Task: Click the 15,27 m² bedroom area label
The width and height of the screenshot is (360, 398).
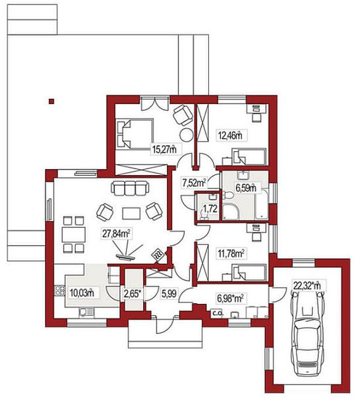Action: [x=164, y=149]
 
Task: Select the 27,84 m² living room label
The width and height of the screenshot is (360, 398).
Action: [x=117, y=233]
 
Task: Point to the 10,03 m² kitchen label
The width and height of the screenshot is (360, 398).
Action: [x=82, y=293]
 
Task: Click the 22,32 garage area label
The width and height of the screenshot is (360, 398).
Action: [x=307, y=285]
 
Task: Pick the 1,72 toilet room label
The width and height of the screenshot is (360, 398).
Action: [x=210, y=209]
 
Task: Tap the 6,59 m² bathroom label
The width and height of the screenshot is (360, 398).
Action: [x=245, y=188]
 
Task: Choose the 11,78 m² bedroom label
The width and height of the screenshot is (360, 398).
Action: [x=231, y=253]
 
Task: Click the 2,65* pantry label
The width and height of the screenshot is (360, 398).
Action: [x=133, y=294]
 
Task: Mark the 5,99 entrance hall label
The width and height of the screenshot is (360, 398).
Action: [x=169, y=294]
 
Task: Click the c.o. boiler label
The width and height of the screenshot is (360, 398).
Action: [x=217, y=314]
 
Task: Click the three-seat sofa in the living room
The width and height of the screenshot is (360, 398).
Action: [x=129, y=188]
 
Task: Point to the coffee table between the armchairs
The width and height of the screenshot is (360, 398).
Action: [x=131, y=214]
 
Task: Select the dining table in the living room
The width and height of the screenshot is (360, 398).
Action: [x=74, y=235]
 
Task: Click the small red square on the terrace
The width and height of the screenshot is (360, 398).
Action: [x=52, y=101]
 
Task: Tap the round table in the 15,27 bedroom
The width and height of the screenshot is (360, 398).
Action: [x=187, y=135]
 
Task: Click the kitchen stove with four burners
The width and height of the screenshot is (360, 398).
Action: [x=60, y=291]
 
